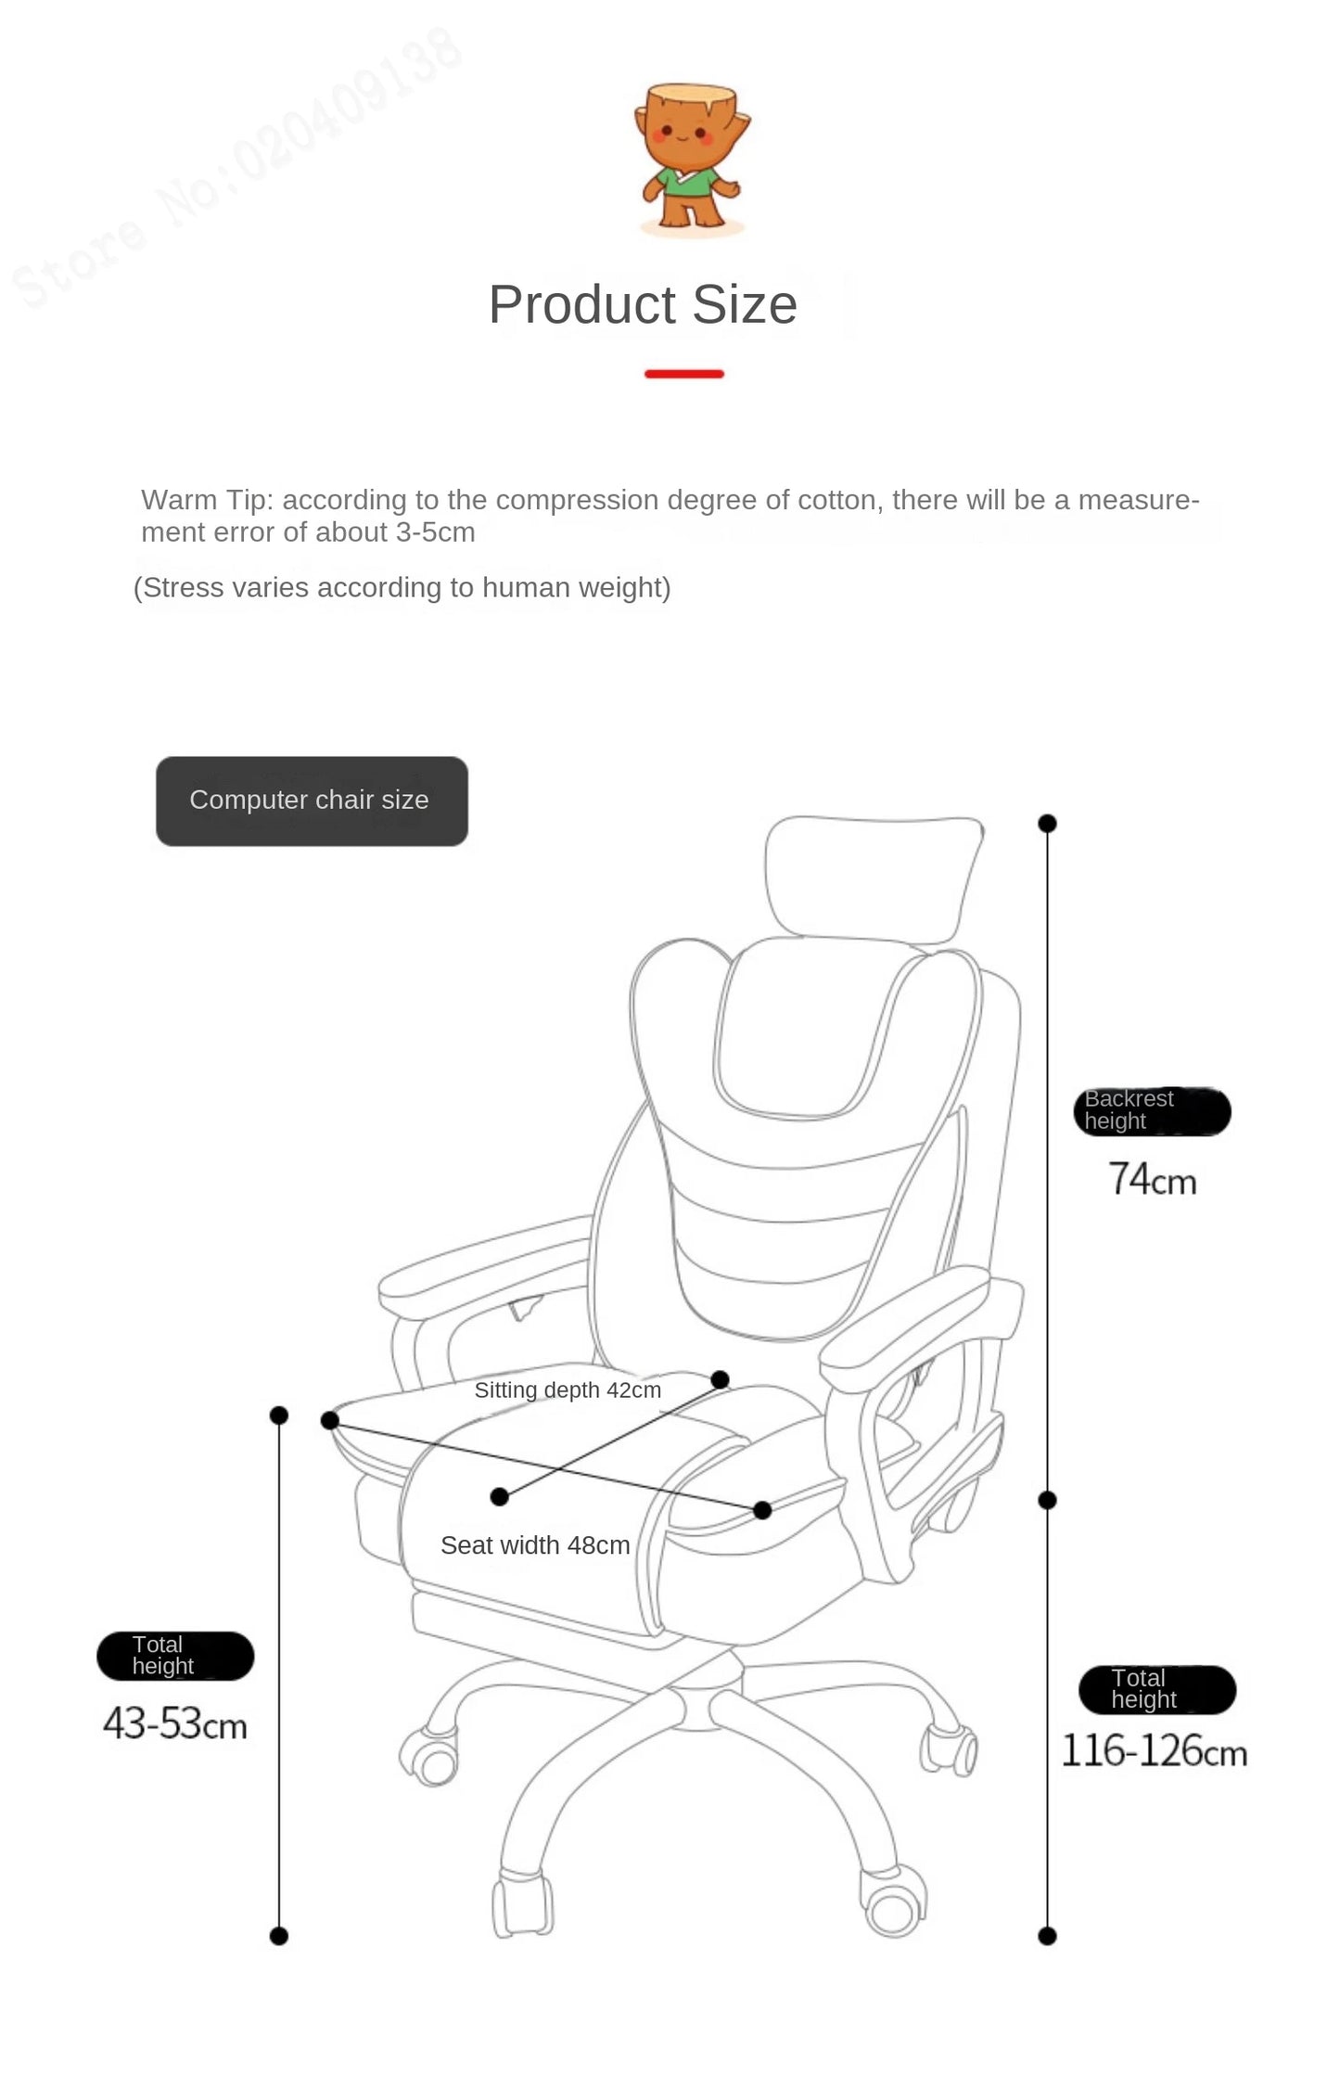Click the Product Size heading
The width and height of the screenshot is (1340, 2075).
[x=643, y=304]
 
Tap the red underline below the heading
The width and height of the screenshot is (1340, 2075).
[x=684, y=374]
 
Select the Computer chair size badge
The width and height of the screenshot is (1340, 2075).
[x=312, y=801]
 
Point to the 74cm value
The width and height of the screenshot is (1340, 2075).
[x=1153, y=1179]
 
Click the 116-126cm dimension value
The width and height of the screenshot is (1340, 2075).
[x=1154, y=1750]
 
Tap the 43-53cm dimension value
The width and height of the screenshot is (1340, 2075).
[x=175, y=1723]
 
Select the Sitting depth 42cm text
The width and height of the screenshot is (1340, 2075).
[x=568, y=1390]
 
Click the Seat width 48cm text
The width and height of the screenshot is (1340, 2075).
[x=535, y=1545]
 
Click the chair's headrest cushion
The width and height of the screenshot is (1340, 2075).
[x=874, y=877]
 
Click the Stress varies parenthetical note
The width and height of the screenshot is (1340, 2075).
[x=402, y=588]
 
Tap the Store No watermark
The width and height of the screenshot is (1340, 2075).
[x=236, y=168]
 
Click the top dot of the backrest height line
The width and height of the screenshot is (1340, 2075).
[x=1048, y=823]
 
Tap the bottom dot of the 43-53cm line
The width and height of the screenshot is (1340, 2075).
[x=279, y=1936]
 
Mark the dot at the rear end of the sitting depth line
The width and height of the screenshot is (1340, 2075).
[x=720, y=1379]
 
